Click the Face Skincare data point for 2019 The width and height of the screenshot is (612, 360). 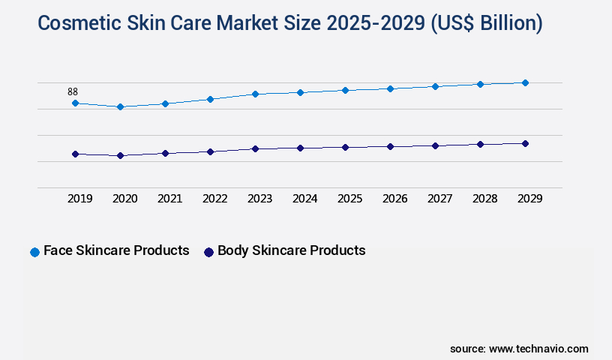tap(75, 103)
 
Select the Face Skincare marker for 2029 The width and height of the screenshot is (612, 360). tap(525, 82)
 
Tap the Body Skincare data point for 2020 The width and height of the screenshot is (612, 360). tap(120, 155)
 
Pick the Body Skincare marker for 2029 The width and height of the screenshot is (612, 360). tap(525, 143)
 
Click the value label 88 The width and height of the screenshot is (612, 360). tap(73, 92)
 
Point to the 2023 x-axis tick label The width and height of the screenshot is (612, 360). tap(259, 199)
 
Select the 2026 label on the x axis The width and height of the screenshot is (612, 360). tap(394, 199)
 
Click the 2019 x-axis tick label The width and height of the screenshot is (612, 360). tap(79, 199)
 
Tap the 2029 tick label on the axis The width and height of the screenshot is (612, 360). tap(529, 199)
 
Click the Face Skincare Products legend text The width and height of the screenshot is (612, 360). tap(116, 250)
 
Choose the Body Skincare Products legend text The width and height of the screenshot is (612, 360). tap(291, 250)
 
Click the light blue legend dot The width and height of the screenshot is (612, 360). tap(34, 252)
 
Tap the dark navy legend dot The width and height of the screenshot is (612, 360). tap(209, 252)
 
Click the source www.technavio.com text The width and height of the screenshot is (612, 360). tap(519, 349)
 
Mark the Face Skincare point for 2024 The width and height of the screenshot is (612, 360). tap(300, 92)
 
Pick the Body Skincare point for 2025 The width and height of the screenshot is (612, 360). tap(345, 147)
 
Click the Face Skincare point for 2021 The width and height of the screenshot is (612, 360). tap(165, 103)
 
